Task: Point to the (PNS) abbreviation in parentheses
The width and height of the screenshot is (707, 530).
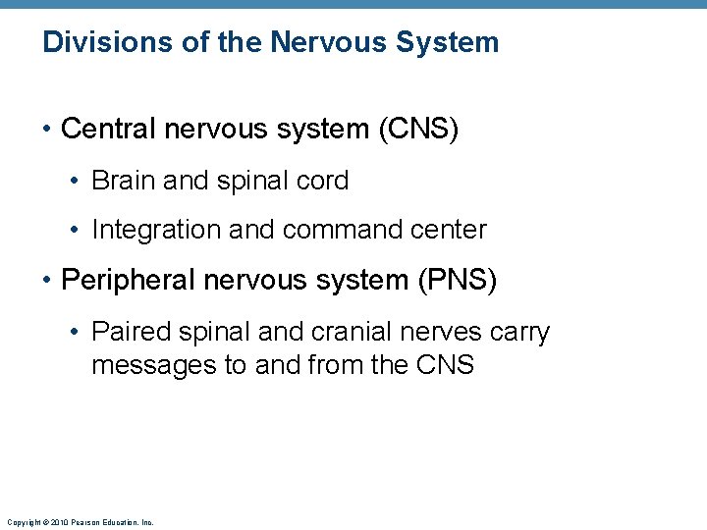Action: (459, 281)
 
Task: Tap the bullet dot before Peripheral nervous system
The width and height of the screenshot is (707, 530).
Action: (47, 282)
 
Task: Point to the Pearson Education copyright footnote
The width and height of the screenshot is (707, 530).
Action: (80, 522)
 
